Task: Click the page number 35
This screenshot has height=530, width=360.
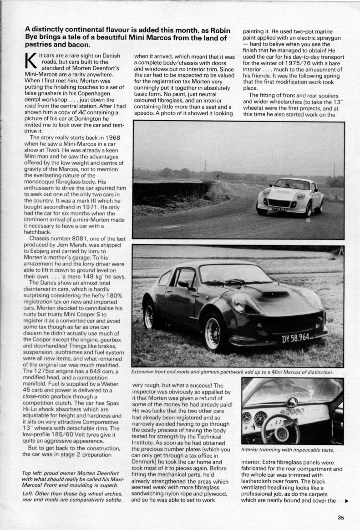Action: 341,517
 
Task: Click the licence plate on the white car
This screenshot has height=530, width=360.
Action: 279,209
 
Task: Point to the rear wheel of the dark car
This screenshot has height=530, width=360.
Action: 149,316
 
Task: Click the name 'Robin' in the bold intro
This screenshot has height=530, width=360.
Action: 213,29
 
